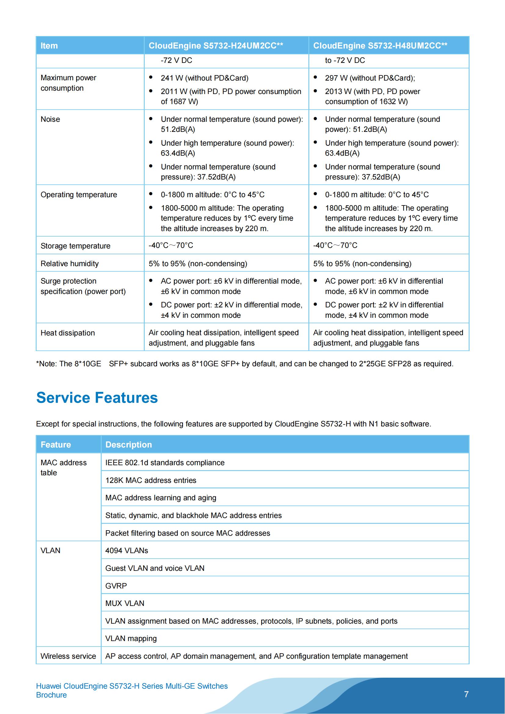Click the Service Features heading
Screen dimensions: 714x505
[97, 397]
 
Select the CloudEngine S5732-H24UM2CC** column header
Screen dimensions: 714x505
[216, 46]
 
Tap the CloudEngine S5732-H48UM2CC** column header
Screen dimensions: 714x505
[380, 46]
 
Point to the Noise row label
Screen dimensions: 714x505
[50, 119]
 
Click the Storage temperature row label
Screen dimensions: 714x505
[75, 246]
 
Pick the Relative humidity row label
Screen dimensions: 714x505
[69, 264]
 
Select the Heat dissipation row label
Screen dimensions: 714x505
[67, 333]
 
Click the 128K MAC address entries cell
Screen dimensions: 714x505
[151, 480]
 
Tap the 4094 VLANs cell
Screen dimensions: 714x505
[127, 551]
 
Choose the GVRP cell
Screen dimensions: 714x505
[116, 586]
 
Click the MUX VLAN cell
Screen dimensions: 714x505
[125, 603]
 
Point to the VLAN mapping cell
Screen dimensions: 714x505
[131, 639]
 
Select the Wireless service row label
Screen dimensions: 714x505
[68, 657]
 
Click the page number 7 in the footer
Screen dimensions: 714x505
[466, 694]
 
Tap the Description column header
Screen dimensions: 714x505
[129, 445]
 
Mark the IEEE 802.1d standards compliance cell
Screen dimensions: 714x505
[165, 463]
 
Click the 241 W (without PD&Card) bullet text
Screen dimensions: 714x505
[204, 78]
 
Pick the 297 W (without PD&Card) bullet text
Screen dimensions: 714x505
[370, 78]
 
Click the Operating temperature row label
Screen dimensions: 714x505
[79, 195]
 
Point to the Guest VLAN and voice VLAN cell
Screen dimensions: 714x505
[155, 568]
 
